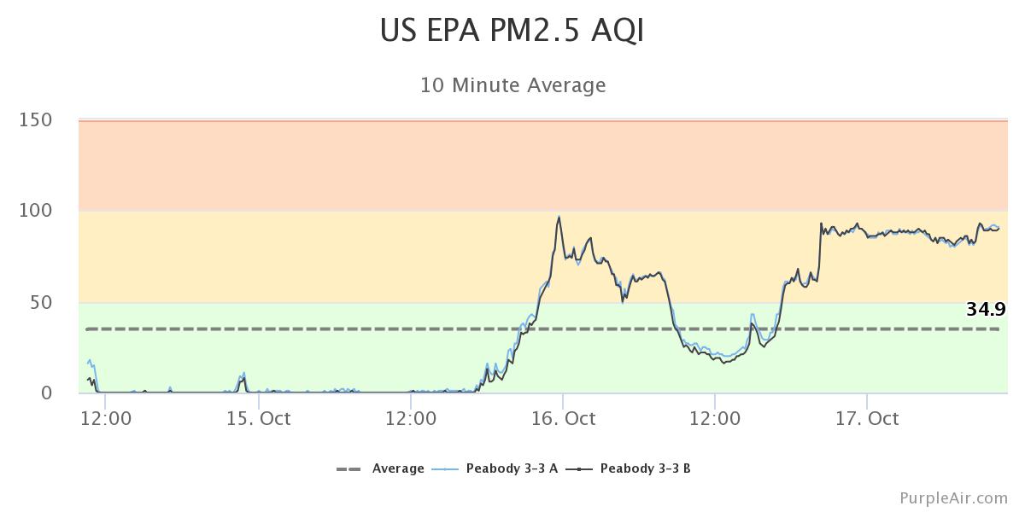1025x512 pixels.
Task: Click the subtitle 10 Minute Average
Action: [x=512, y=85]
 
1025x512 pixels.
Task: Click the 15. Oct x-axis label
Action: [x=259, y=418]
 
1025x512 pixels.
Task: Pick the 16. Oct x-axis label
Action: [x=563, y=418]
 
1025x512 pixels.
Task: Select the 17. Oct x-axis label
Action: [x=867, y=418]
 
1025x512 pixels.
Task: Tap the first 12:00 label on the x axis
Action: [x=107, y=418]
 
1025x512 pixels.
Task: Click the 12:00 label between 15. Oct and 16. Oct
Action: [x=411, y=418]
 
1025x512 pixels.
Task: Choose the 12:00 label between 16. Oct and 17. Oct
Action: [x=715, y=418]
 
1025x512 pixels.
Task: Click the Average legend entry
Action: [x=398, y=468]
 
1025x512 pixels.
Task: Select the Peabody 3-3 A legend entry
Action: [x=512, y=468]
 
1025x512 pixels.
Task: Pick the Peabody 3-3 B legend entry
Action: [x=645, y=468]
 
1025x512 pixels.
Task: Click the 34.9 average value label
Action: [x=985, y=310]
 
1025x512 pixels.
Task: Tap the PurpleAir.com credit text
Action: [x=953, y=497]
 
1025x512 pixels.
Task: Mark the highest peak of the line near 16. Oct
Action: [x=559, y=217]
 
